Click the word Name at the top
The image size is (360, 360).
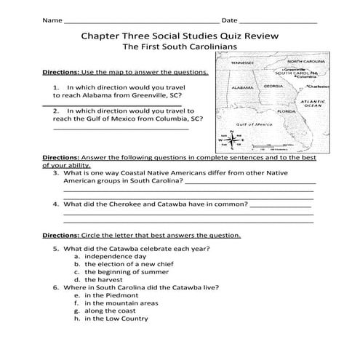(x=52, y=20)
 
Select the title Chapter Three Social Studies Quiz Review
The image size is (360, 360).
(x=179, y=36)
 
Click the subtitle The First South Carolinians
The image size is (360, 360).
(x=179, y=49)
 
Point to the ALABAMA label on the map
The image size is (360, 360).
(x=243, y=87)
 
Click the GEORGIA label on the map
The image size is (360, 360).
(x=273, y=86)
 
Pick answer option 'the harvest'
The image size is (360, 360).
(x=105, y=279)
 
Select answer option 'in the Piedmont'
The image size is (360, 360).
(x=110, y=295)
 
